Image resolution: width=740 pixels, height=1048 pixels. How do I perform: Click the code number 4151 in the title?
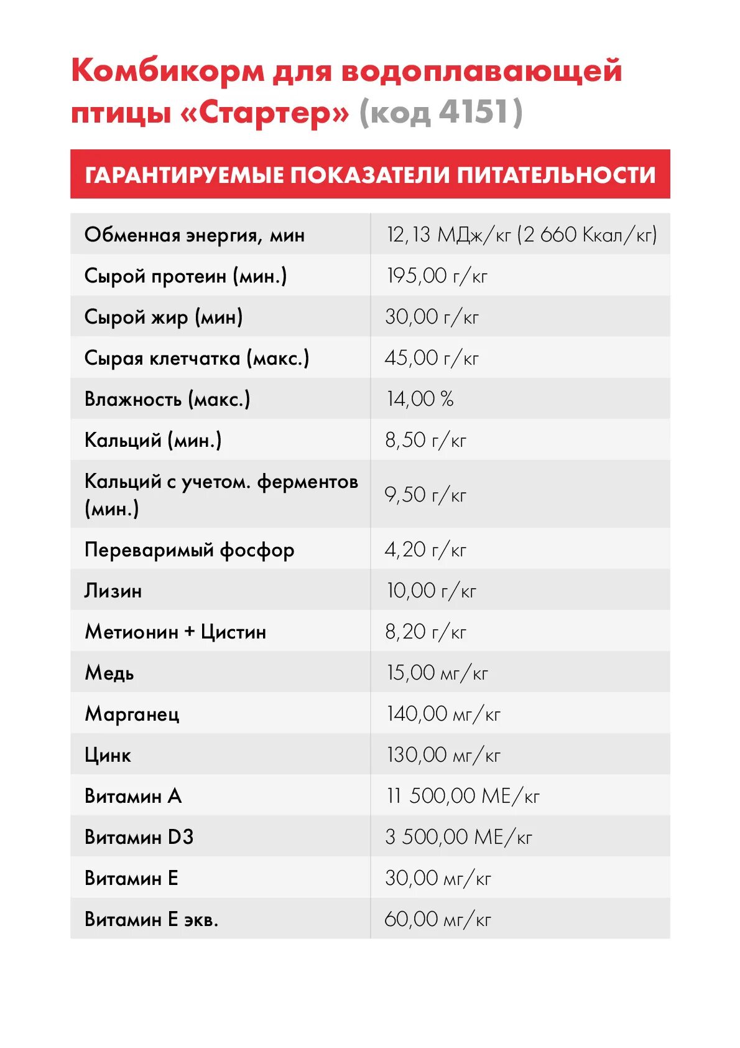click(x=473, y=113)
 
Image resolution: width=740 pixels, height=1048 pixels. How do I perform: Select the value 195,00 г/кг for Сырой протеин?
click(x=437, y=276)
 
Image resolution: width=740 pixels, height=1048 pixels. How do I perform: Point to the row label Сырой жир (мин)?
click(x=163, y=317)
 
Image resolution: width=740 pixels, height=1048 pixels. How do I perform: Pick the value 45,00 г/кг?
click(x=432, y=358)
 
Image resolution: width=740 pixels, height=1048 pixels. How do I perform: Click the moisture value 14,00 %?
click(x=420, y=399)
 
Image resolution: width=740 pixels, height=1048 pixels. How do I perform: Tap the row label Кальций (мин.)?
click(x=153, y=440)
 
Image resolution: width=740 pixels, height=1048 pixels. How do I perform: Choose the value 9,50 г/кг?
click(x=425, y=495)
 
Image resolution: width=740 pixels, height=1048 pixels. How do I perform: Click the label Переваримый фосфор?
click(x=189, y=550)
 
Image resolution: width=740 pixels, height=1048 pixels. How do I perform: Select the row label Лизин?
click(x=113, y=591)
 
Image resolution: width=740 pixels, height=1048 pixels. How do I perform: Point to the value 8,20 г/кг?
click(x=425, y=632)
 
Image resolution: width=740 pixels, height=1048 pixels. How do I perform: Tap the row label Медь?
click(x=109, y=673)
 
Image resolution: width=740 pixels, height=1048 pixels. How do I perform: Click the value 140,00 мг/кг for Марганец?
click(x=443, y=714)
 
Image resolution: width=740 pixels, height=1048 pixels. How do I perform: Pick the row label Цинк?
click(x=108, y=755)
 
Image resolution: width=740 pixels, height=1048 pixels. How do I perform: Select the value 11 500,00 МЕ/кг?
click(x=463, y=796)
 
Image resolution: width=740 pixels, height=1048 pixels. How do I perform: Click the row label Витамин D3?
click(x=139, y=837)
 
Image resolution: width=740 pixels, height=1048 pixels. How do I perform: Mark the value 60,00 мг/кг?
click(x=438, y=919)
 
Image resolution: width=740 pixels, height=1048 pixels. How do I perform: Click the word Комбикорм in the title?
click(x=168, y=70)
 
